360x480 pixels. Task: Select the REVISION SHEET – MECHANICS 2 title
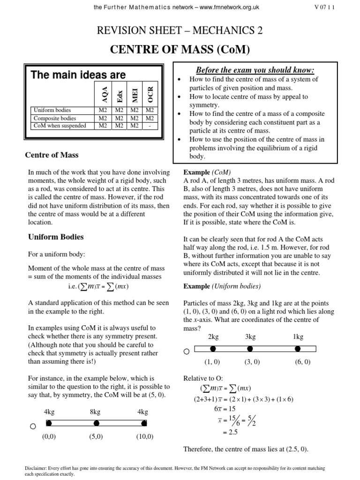click(x=180, y=31)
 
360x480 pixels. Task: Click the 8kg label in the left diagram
click(x=95, y=412)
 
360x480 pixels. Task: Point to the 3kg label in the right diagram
click(x=250, y=337)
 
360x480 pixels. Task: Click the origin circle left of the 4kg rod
click(x=32, y=427)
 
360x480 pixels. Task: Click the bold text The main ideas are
click(x=78, y=75)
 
